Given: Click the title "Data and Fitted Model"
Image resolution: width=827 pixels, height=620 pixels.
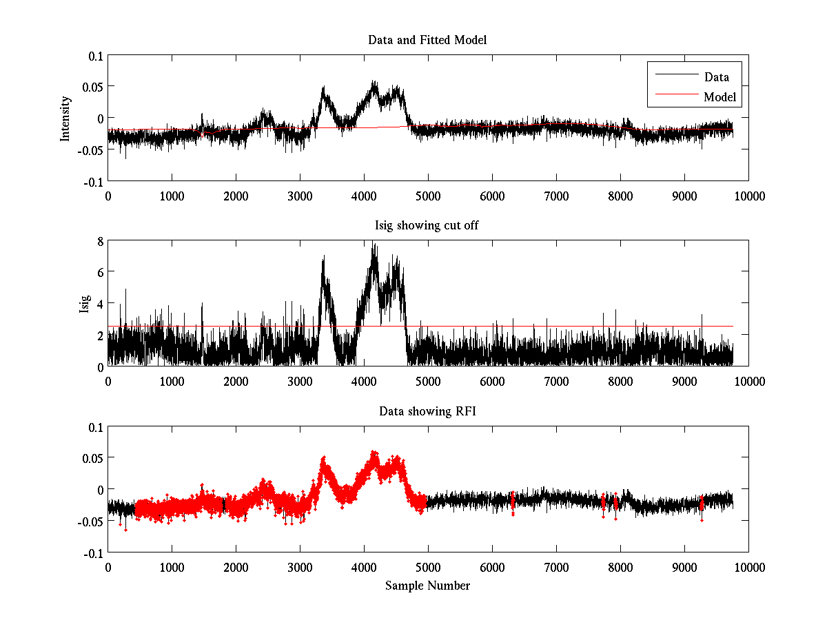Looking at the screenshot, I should tap(427, 40).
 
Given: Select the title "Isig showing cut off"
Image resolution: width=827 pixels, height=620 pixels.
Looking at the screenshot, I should tap(427, 226).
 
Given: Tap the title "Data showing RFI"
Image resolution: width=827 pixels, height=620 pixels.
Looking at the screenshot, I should tap(427, 411).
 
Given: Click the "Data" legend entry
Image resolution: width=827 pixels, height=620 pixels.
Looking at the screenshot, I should tap(716, 76).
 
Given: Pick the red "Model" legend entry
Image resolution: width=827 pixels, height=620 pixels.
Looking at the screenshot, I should tap(719, 97).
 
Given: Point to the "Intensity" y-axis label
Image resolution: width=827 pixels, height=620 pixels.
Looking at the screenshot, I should tap(65, 118).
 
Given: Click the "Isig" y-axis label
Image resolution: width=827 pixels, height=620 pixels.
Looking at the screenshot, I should tap(84, 304).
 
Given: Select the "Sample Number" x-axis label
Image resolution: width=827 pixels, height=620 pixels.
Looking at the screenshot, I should tap(427, 586).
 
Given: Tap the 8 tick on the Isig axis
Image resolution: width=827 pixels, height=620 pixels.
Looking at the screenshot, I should tap(100, 241).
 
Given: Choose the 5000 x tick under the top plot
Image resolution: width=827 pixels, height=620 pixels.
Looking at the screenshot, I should tap(428, 196).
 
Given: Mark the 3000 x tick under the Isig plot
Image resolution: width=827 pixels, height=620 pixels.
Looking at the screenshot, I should tap(300, 382).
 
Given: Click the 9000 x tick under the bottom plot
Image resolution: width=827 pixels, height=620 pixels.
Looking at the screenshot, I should tap(684, 567).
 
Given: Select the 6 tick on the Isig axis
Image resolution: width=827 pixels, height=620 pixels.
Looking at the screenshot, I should tap(100, 272).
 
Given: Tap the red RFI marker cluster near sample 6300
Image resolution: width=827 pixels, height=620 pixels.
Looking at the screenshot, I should tap(512, 503).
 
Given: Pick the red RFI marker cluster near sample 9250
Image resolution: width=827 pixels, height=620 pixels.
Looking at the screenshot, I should tap(702, 505).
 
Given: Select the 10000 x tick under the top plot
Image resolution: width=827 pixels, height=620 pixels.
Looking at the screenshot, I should tap(748, 196).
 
